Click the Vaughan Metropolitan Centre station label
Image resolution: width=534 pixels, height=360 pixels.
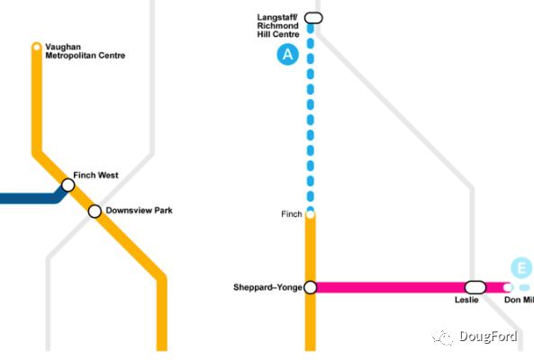click(x=86, y=51)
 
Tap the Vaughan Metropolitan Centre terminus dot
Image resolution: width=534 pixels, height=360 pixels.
click(x=36, y=48)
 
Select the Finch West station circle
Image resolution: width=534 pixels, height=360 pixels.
click(x=68, y=185)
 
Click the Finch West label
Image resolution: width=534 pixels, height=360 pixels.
click(x=95, y=175)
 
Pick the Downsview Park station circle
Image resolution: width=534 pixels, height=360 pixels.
click(x=95, y=211)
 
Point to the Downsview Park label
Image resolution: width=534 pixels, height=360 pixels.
click(x=139, y=211)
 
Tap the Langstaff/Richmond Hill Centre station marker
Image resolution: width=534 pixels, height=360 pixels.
click(x=313, y=18)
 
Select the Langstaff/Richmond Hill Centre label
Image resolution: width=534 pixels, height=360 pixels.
click(x=278, y=26)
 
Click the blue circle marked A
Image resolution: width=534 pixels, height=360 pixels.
click(x=288, y=54)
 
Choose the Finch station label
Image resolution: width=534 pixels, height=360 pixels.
click(x=292, y=214)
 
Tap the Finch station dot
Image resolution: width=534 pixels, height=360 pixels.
click(x=311, y=214)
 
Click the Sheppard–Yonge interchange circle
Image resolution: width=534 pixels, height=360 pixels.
click(x=311, y=287)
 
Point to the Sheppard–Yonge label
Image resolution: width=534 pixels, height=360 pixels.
click(x=267, y=287)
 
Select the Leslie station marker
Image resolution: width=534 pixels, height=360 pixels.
click(x=475, y=287)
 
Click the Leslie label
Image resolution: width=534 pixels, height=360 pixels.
click(x=466, y=300)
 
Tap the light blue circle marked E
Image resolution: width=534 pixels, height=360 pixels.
click(x=521, y=268)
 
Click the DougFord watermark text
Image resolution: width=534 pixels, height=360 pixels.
click(x=488, y=337)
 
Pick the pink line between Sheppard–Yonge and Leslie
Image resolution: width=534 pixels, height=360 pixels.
click(x=390, y=287)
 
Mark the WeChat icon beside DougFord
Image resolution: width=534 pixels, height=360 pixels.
click(x=442, y=337)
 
